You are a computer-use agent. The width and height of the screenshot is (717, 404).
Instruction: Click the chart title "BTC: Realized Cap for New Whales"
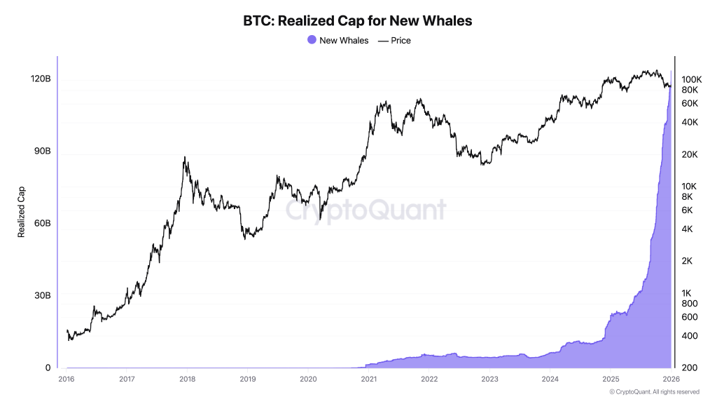click(358, 21)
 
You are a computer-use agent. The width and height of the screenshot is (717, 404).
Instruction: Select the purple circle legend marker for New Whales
click(312, 41)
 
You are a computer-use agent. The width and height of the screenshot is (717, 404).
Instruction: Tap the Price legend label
click(401, 41)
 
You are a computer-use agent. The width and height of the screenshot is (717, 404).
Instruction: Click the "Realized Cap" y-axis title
click(21, 212)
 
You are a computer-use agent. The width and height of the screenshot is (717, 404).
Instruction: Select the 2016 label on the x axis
click(67, 379)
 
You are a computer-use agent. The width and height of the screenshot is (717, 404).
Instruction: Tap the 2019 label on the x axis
click(248, 379)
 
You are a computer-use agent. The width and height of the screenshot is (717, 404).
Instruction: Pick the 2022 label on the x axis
click(429, 379)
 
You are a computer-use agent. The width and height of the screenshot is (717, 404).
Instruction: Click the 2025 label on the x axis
click(610, 379)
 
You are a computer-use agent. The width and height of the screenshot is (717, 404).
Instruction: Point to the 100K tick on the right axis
click(691, 80)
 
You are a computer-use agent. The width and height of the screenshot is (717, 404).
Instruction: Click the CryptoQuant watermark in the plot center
click(365, 209)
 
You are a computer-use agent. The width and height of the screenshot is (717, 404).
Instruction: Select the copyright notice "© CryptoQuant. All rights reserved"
click(654, 392)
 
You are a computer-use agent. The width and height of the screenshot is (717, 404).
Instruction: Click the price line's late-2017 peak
click(185, 157)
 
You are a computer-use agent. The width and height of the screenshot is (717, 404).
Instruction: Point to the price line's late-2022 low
click(482, 164)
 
